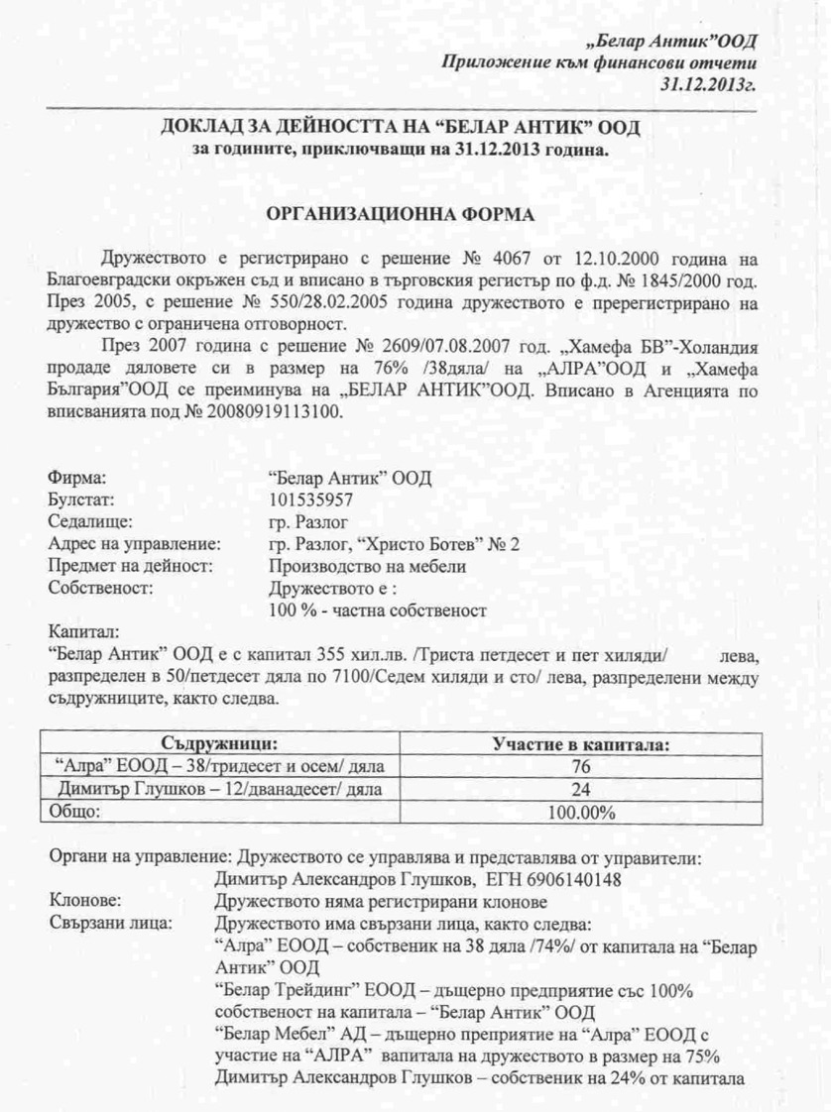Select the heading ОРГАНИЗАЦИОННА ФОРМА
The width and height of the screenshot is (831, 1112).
click(400, 213)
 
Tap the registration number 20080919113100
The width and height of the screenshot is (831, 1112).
click(281, 412)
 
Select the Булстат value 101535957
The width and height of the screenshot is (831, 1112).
click(310, 499)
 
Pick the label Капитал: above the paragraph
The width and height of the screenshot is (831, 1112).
click(84, 631)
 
